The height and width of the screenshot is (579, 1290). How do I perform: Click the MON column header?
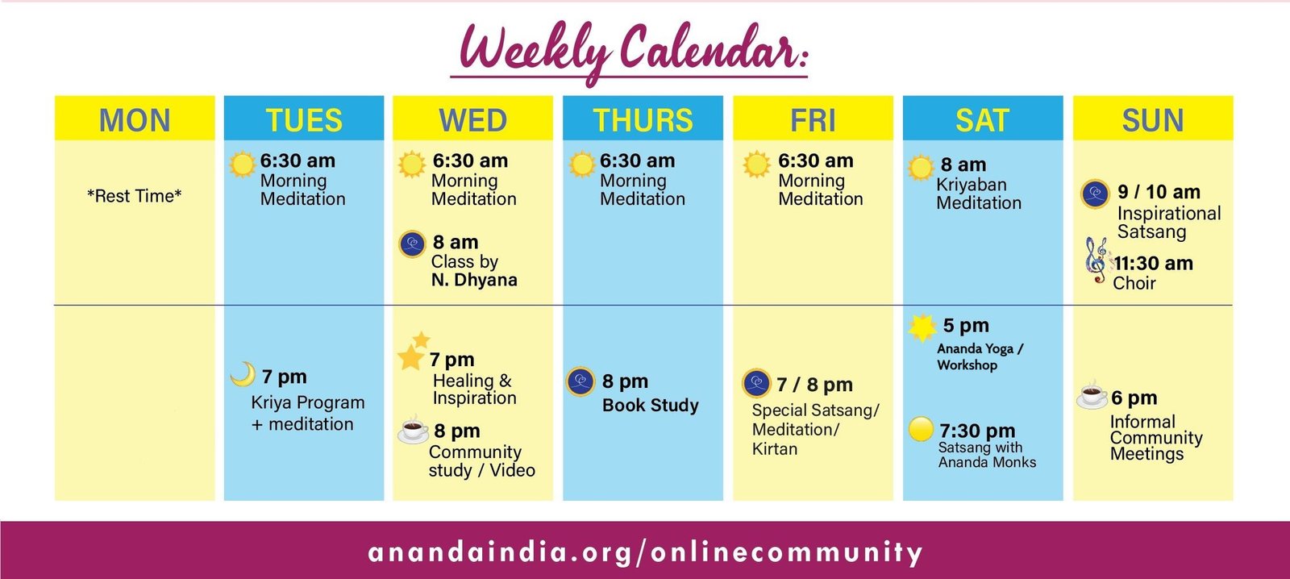tap(135, 120)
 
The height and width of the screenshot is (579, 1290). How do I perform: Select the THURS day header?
tap(643, 120)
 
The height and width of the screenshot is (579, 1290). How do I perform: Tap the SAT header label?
tap(983, 120)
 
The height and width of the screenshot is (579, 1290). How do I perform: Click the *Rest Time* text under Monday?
tap(134, 196)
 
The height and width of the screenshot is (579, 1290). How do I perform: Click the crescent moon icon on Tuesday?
tap(243, 374)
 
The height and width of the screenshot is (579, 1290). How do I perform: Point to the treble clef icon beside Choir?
tap(1096, 260)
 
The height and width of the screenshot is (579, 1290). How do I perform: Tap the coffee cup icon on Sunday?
tap(1092, 394)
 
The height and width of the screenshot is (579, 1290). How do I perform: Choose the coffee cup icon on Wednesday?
tap(414, 429)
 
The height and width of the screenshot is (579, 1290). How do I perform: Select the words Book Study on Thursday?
tap(650, 405)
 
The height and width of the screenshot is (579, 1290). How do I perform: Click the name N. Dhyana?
tap(474, 280)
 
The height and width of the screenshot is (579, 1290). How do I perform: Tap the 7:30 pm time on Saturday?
tap(977, 431)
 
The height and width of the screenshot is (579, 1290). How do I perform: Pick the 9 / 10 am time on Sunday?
tap(1159, 192)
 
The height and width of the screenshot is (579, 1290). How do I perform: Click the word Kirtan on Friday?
tap(775, 449)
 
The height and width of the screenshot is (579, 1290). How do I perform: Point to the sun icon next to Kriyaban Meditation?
tap(920, 168)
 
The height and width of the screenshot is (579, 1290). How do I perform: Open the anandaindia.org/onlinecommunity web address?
tap(645, 552)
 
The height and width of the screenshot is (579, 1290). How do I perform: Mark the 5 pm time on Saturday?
tap(966, 326)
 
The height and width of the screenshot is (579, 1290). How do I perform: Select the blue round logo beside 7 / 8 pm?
tap(757, 383)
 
